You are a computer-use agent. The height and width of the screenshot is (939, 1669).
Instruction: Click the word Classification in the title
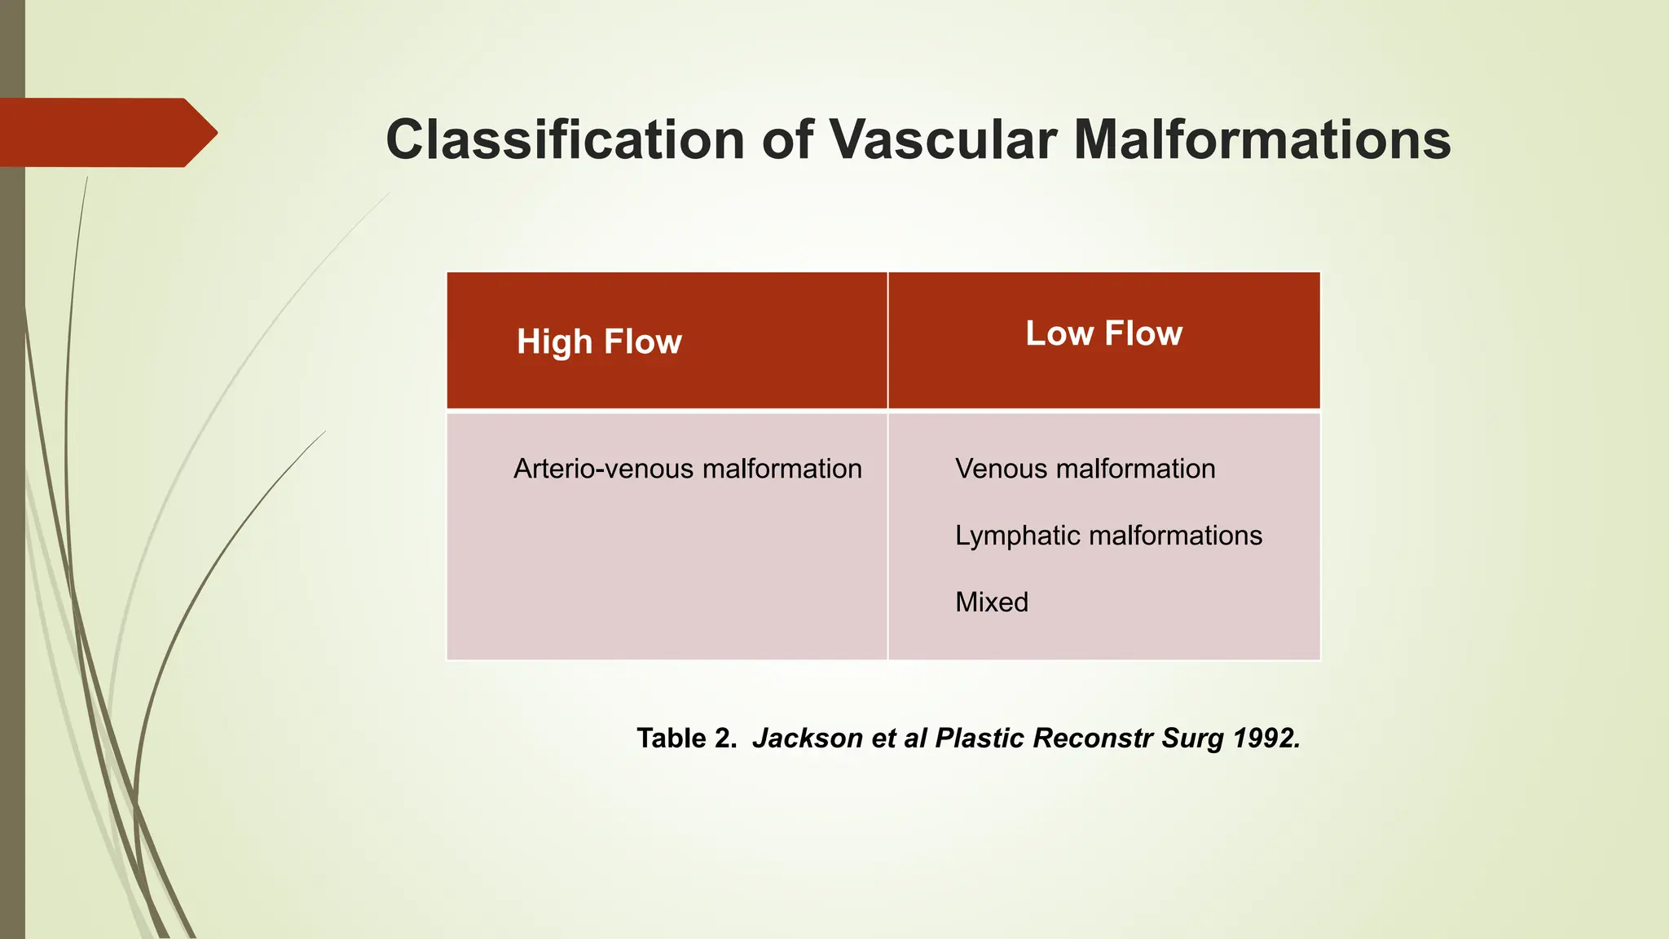(565, 140)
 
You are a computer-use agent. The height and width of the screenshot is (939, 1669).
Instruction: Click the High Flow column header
(599, 342)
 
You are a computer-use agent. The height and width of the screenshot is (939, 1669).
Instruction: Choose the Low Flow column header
(1103, 333)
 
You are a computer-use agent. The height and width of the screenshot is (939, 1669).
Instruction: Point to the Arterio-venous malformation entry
(687, 469)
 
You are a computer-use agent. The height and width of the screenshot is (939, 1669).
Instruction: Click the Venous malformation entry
(1085, 469)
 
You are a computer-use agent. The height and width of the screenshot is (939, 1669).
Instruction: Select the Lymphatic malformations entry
(1108, 536)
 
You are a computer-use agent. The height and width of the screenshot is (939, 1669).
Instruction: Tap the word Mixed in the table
(991, 602)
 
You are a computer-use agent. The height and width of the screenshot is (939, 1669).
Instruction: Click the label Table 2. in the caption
(686, 738)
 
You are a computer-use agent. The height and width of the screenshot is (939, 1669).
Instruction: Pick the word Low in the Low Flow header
(1059, 333)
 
